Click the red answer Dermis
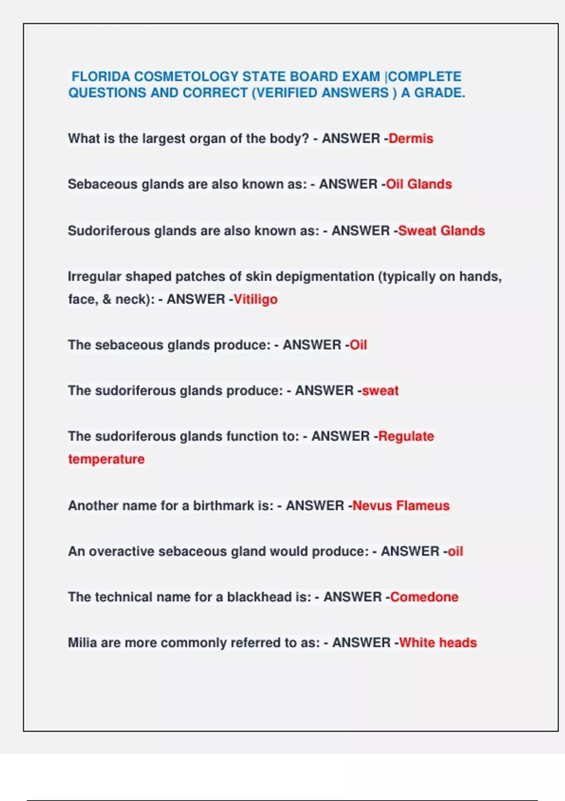coord(411,139)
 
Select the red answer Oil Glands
coord(419,184)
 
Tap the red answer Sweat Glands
coord(441,231)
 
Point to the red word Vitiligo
coord(255,299)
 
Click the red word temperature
coord(106,459)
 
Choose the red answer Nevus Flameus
coord(401,506)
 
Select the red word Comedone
coord(424,597)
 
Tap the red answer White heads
coord(438,643)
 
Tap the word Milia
coord(82,643)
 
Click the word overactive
coord(121,551)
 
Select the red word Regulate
coord(406,436)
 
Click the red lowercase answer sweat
coord(380,391)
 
